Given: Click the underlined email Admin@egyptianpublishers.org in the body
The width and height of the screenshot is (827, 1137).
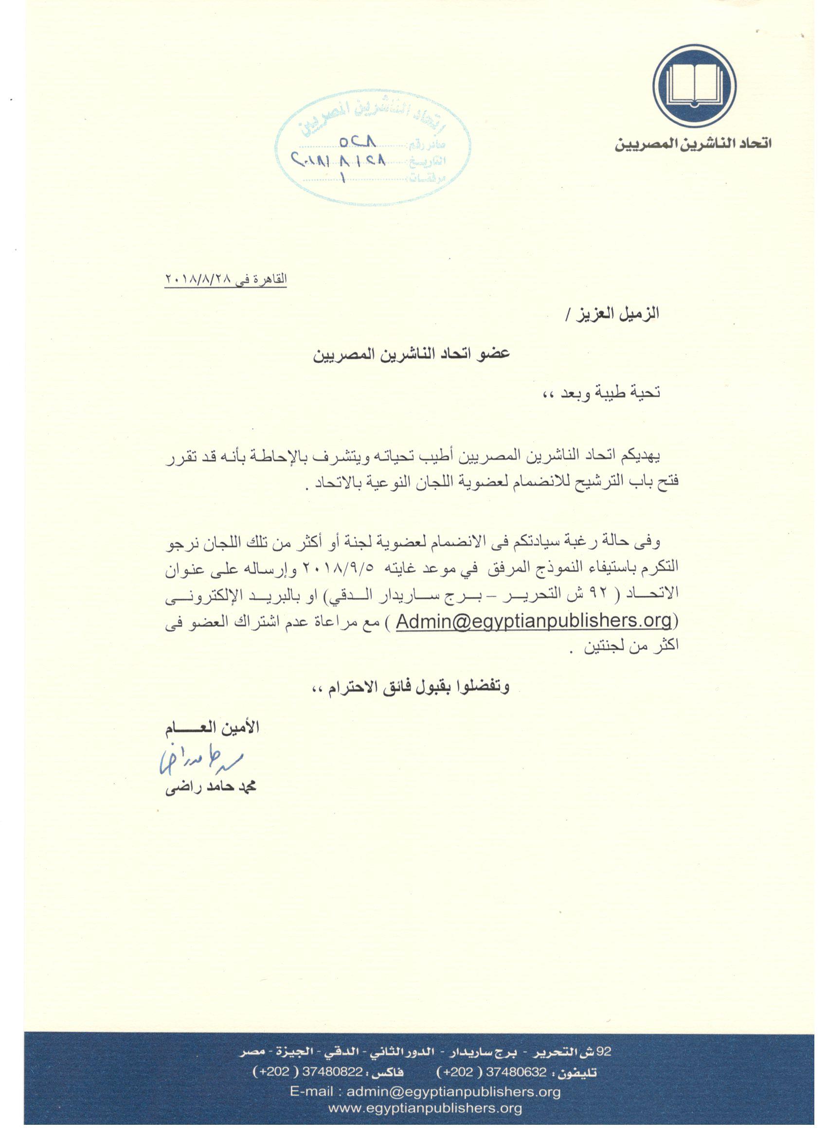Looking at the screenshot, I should [534, 621].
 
